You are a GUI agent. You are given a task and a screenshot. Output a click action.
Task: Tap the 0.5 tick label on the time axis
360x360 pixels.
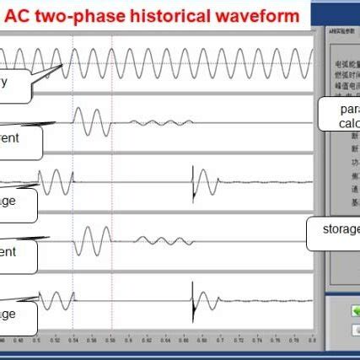tap(37, 341)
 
